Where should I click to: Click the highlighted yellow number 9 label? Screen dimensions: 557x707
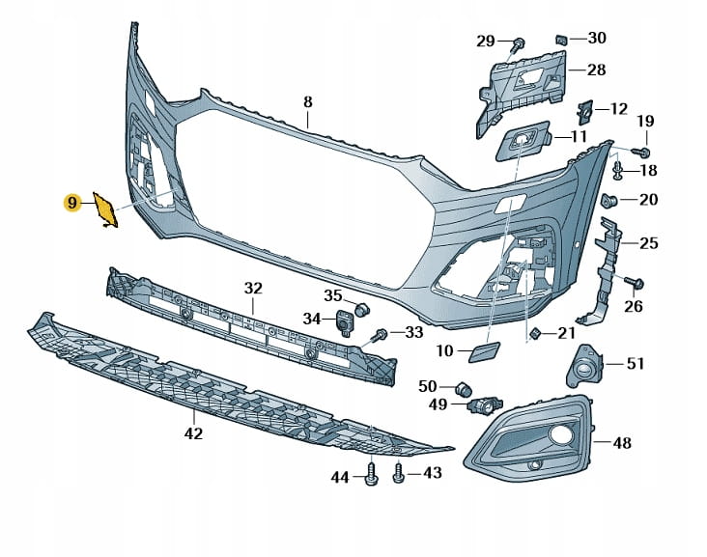(x=71, y=202)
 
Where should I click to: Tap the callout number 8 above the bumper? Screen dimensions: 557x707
(x=308, y=101)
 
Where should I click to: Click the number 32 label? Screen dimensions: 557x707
(x=253, y=288)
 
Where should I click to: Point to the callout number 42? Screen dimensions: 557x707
(x=193, y=433)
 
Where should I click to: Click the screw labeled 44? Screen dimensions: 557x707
(x=371, y=475)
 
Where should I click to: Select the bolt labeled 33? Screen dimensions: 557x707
(x=381, y=334)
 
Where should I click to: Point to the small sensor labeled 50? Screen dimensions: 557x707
(x=463, y=388)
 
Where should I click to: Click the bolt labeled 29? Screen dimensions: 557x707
(x=519, y=42)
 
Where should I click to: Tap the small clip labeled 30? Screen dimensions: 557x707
(x=560, y=39)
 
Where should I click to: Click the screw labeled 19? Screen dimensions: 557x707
(x=643, y=153)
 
